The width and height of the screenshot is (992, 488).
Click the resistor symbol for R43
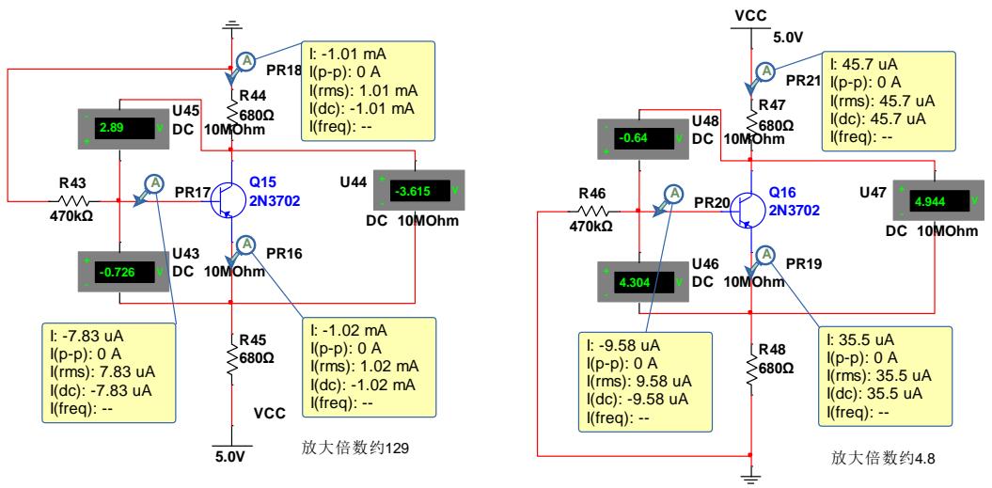tap(76, 200)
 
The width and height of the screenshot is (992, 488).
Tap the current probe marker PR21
tap(766, 71)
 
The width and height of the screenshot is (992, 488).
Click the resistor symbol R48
tap(750, 361)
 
